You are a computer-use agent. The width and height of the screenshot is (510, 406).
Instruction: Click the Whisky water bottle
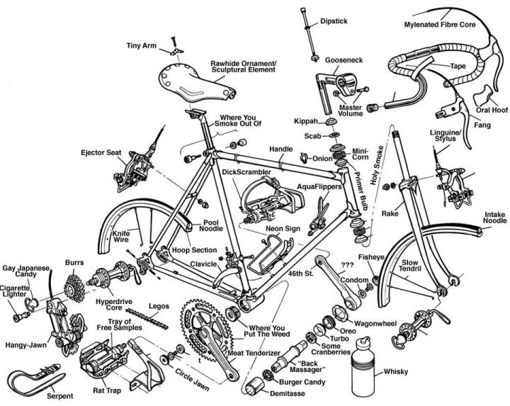point(366,373)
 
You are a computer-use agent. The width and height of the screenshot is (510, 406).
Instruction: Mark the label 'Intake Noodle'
point(494,217)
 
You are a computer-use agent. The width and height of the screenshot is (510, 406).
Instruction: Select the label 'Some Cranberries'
point(331,348)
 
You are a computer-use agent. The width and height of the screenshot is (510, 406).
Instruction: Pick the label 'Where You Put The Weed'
point(268,332)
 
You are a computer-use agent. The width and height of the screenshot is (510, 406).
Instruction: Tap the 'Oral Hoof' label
point(492,109)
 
